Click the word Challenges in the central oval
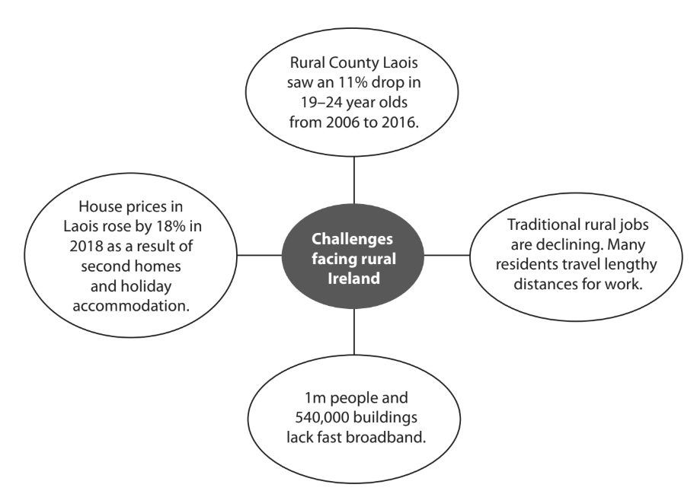(x=353, y=239)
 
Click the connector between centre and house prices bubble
(x=260, y=255)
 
